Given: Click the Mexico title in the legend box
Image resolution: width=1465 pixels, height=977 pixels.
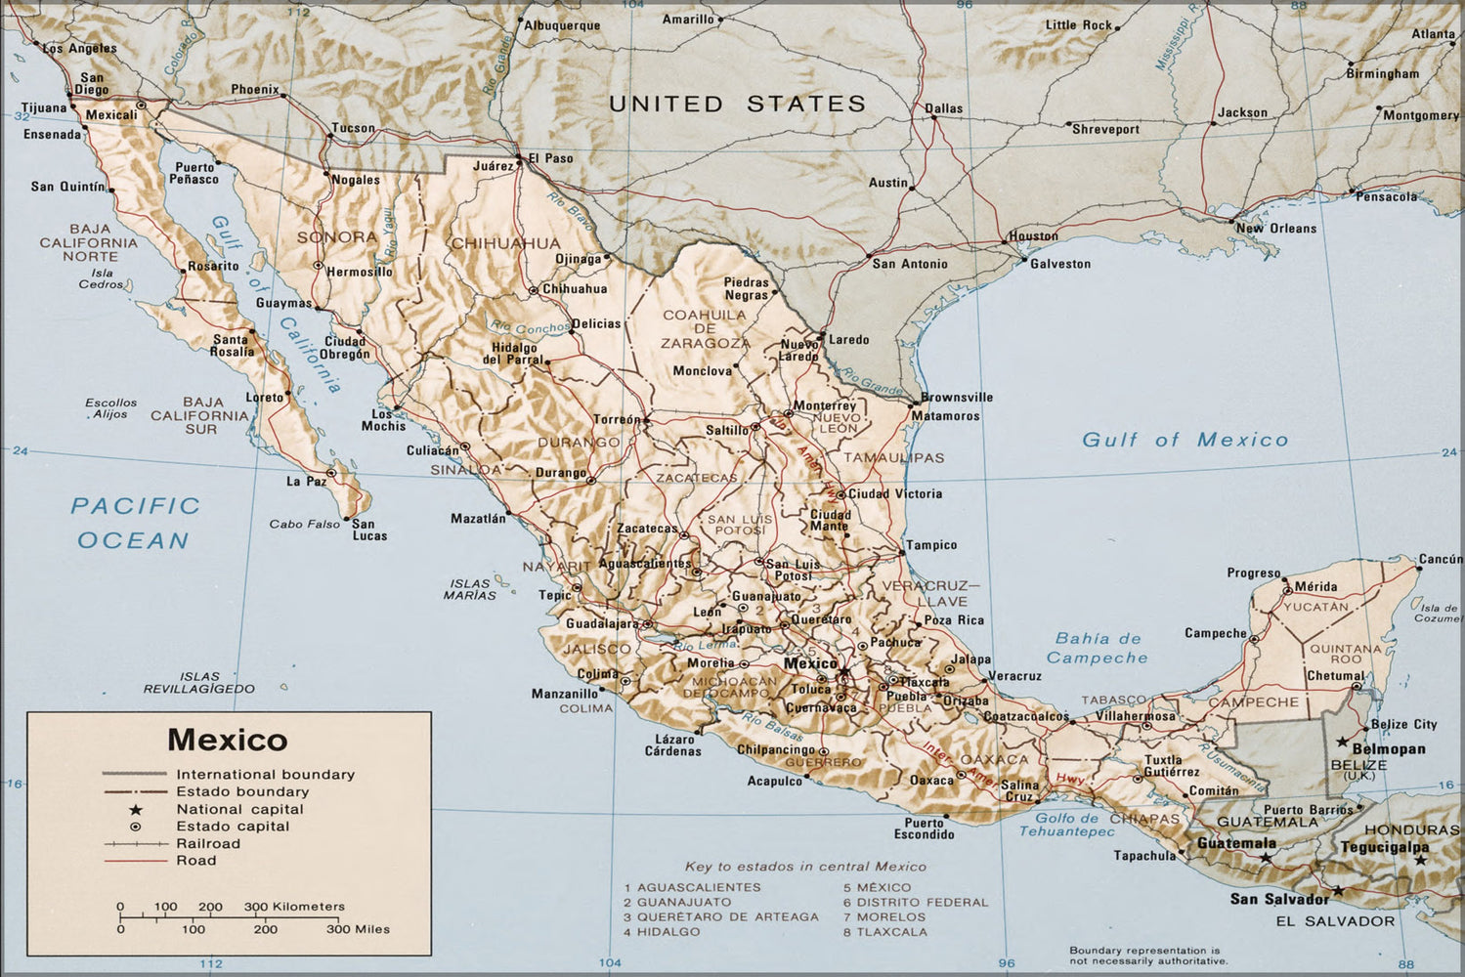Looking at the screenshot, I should (x=228, y=740).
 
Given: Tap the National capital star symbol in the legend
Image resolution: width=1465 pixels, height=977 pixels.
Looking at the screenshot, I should (x=136, y=810).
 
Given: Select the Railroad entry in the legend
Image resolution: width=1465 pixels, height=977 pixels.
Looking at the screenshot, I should (x=207, y=843).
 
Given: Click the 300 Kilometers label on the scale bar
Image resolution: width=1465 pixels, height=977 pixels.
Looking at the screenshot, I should (x=294, y=907).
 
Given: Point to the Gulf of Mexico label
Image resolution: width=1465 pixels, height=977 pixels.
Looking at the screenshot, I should (x=1185, y=440).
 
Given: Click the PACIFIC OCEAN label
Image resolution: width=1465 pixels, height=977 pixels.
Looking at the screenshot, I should (x=134, y=523).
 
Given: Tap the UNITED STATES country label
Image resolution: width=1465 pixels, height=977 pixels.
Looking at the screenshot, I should (x=737, y=104).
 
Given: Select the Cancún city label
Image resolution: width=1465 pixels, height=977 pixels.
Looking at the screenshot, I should (x=1440, y=560).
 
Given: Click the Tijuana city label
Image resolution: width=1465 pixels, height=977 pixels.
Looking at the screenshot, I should (x=44, y=108).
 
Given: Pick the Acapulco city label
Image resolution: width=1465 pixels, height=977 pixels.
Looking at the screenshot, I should (x=774, y=781).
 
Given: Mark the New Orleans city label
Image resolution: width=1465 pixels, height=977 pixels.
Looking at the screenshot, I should (x=1275, y=229).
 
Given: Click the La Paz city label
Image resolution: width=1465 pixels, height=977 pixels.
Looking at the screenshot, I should (x=306, y=482).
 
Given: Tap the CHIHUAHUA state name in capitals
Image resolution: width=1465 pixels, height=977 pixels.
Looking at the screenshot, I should (x=505, y=243).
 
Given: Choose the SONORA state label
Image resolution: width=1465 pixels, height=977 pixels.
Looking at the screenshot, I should (x=337, y=237).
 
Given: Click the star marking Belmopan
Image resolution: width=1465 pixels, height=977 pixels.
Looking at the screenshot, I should (x=1343, y=742).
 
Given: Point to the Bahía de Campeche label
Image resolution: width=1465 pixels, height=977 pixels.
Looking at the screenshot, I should (x=1098, y=648).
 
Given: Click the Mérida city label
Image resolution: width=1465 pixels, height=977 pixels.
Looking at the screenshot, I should (x=1315, y=587).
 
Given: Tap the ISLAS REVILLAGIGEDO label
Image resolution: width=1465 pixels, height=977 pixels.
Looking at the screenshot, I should (x=199, y=682).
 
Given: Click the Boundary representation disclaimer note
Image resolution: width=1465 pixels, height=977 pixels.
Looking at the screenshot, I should (x=1143, y=955).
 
